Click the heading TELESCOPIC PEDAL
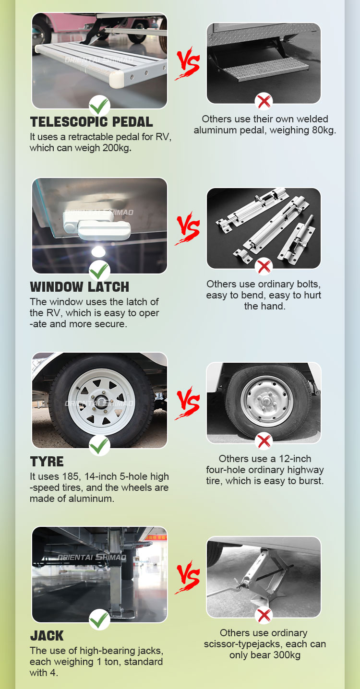(x=91, y=122)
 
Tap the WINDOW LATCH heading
(x=79, y=286)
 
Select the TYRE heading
(x=47, y=462)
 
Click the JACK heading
(x=47, y=635)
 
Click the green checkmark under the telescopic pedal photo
(x=99, y=106)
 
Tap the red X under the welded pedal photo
(x=264, y=101)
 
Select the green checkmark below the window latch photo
(x=99, y=271)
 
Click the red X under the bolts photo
(x=264, y=266)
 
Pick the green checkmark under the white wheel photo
(x=99, y=445)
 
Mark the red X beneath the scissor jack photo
(x=264, y=615)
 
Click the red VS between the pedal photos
(x=187, y=63)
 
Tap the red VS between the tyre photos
(x=187, y=403)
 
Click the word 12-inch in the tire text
(x=295, y=459)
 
